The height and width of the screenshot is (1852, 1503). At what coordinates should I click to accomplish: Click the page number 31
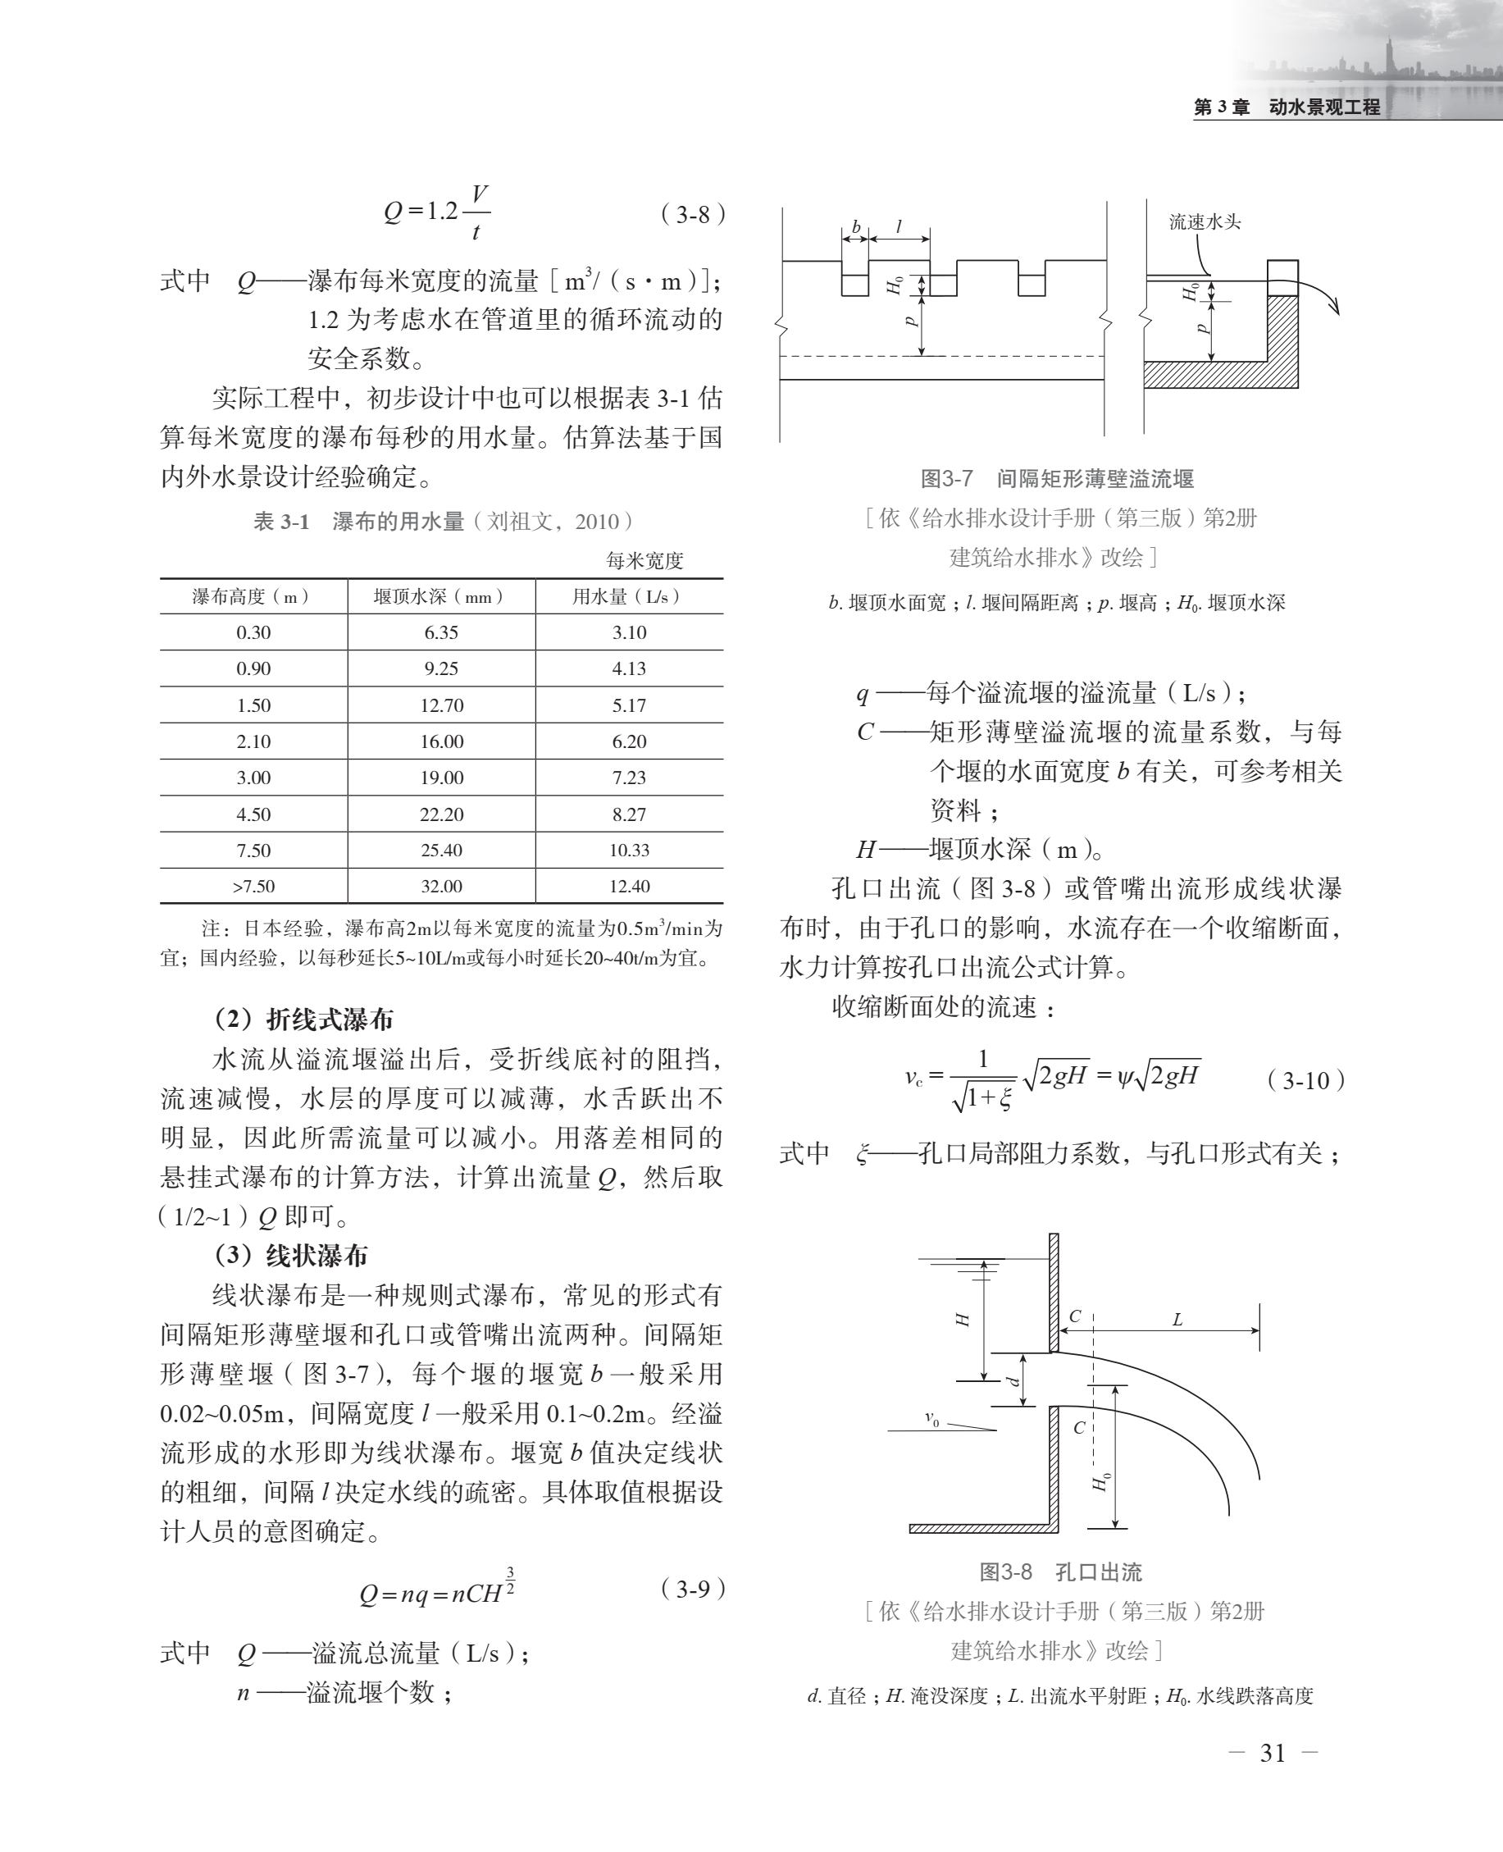click(x=1272, y=1754)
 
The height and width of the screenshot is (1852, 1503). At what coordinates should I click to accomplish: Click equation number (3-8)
click(x=693, y=214)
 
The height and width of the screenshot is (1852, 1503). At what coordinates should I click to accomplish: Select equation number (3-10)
click(x=1305, y=1080)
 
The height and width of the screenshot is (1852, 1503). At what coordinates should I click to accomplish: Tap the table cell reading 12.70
click(x=441, y=705)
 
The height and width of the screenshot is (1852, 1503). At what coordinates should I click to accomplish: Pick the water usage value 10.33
click(x=630, y=851)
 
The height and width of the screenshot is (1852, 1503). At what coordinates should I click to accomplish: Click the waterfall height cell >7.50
click(x=253, y=887)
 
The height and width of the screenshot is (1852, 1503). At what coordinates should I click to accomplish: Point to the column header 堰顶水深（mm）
click(x=440, y=596)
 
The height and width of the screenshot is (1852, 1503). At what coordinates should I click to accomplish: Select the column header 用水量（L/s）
click(x=629, y=596)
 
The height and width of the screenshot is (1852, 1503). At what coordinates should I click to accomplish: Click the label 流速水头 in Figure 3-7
click(x=1205, y=221)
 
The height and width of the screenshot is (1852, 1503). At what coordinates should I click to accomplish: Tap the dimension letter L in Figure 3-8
click(x=1177, y=1320)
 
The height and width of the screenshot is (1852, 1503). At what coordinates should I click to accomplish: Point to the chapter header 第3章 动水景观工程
click(x=1287, y=107)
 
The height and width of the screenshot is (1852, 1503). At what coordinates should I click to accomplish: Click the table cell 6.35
click(x=441, y=633)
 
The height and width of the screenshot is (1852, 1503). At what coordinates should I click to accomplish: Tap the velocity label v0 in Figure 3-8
click(x=931, y=1418)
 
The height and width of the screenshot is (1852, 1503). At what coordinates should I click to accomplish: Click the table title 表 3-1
click(x=281, y=521)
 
